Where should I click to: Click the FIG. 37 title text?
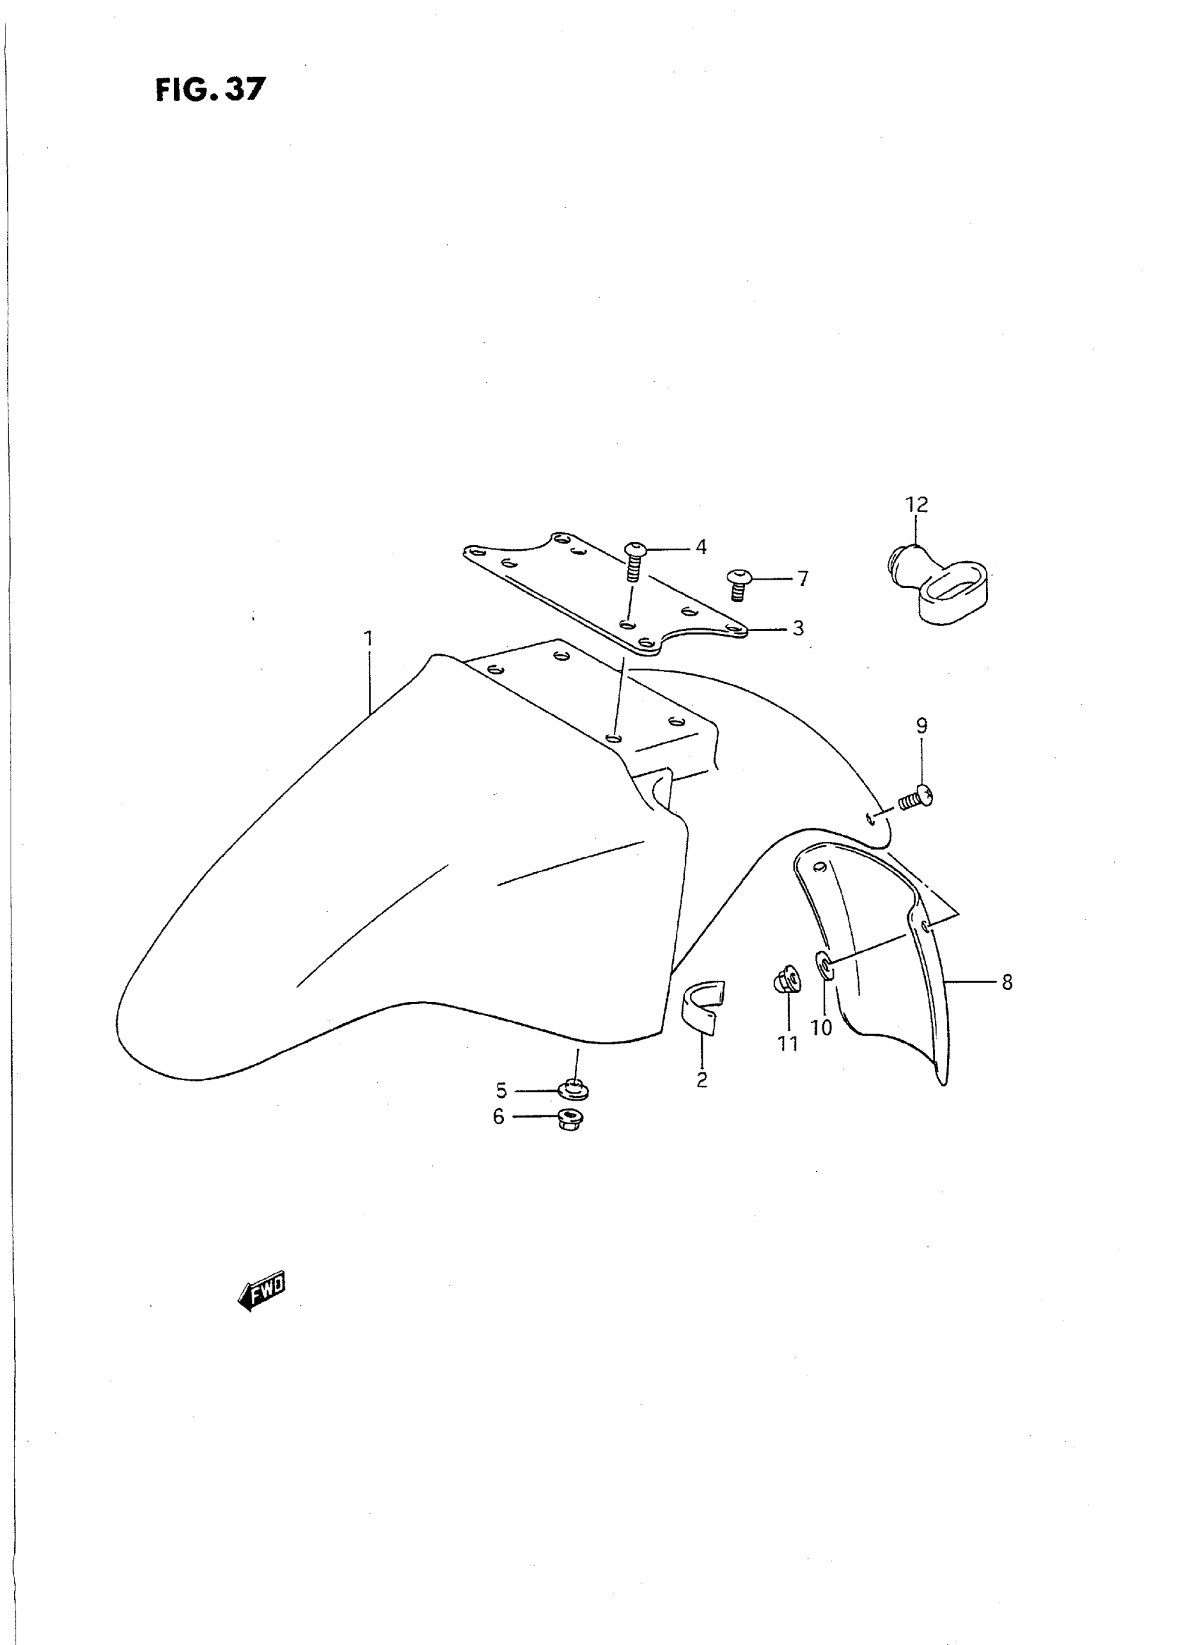[210, 90]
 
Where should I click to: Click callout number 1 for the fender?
[369, 639]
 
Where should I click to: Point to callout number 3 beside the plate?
[798, 628]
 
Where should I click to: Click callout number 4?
[700, 547]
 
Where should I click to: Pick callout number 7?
[802, 579]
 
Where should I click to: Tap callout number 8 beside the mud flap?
[1006, 982]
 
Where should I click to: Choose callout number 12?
[917, 504]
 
